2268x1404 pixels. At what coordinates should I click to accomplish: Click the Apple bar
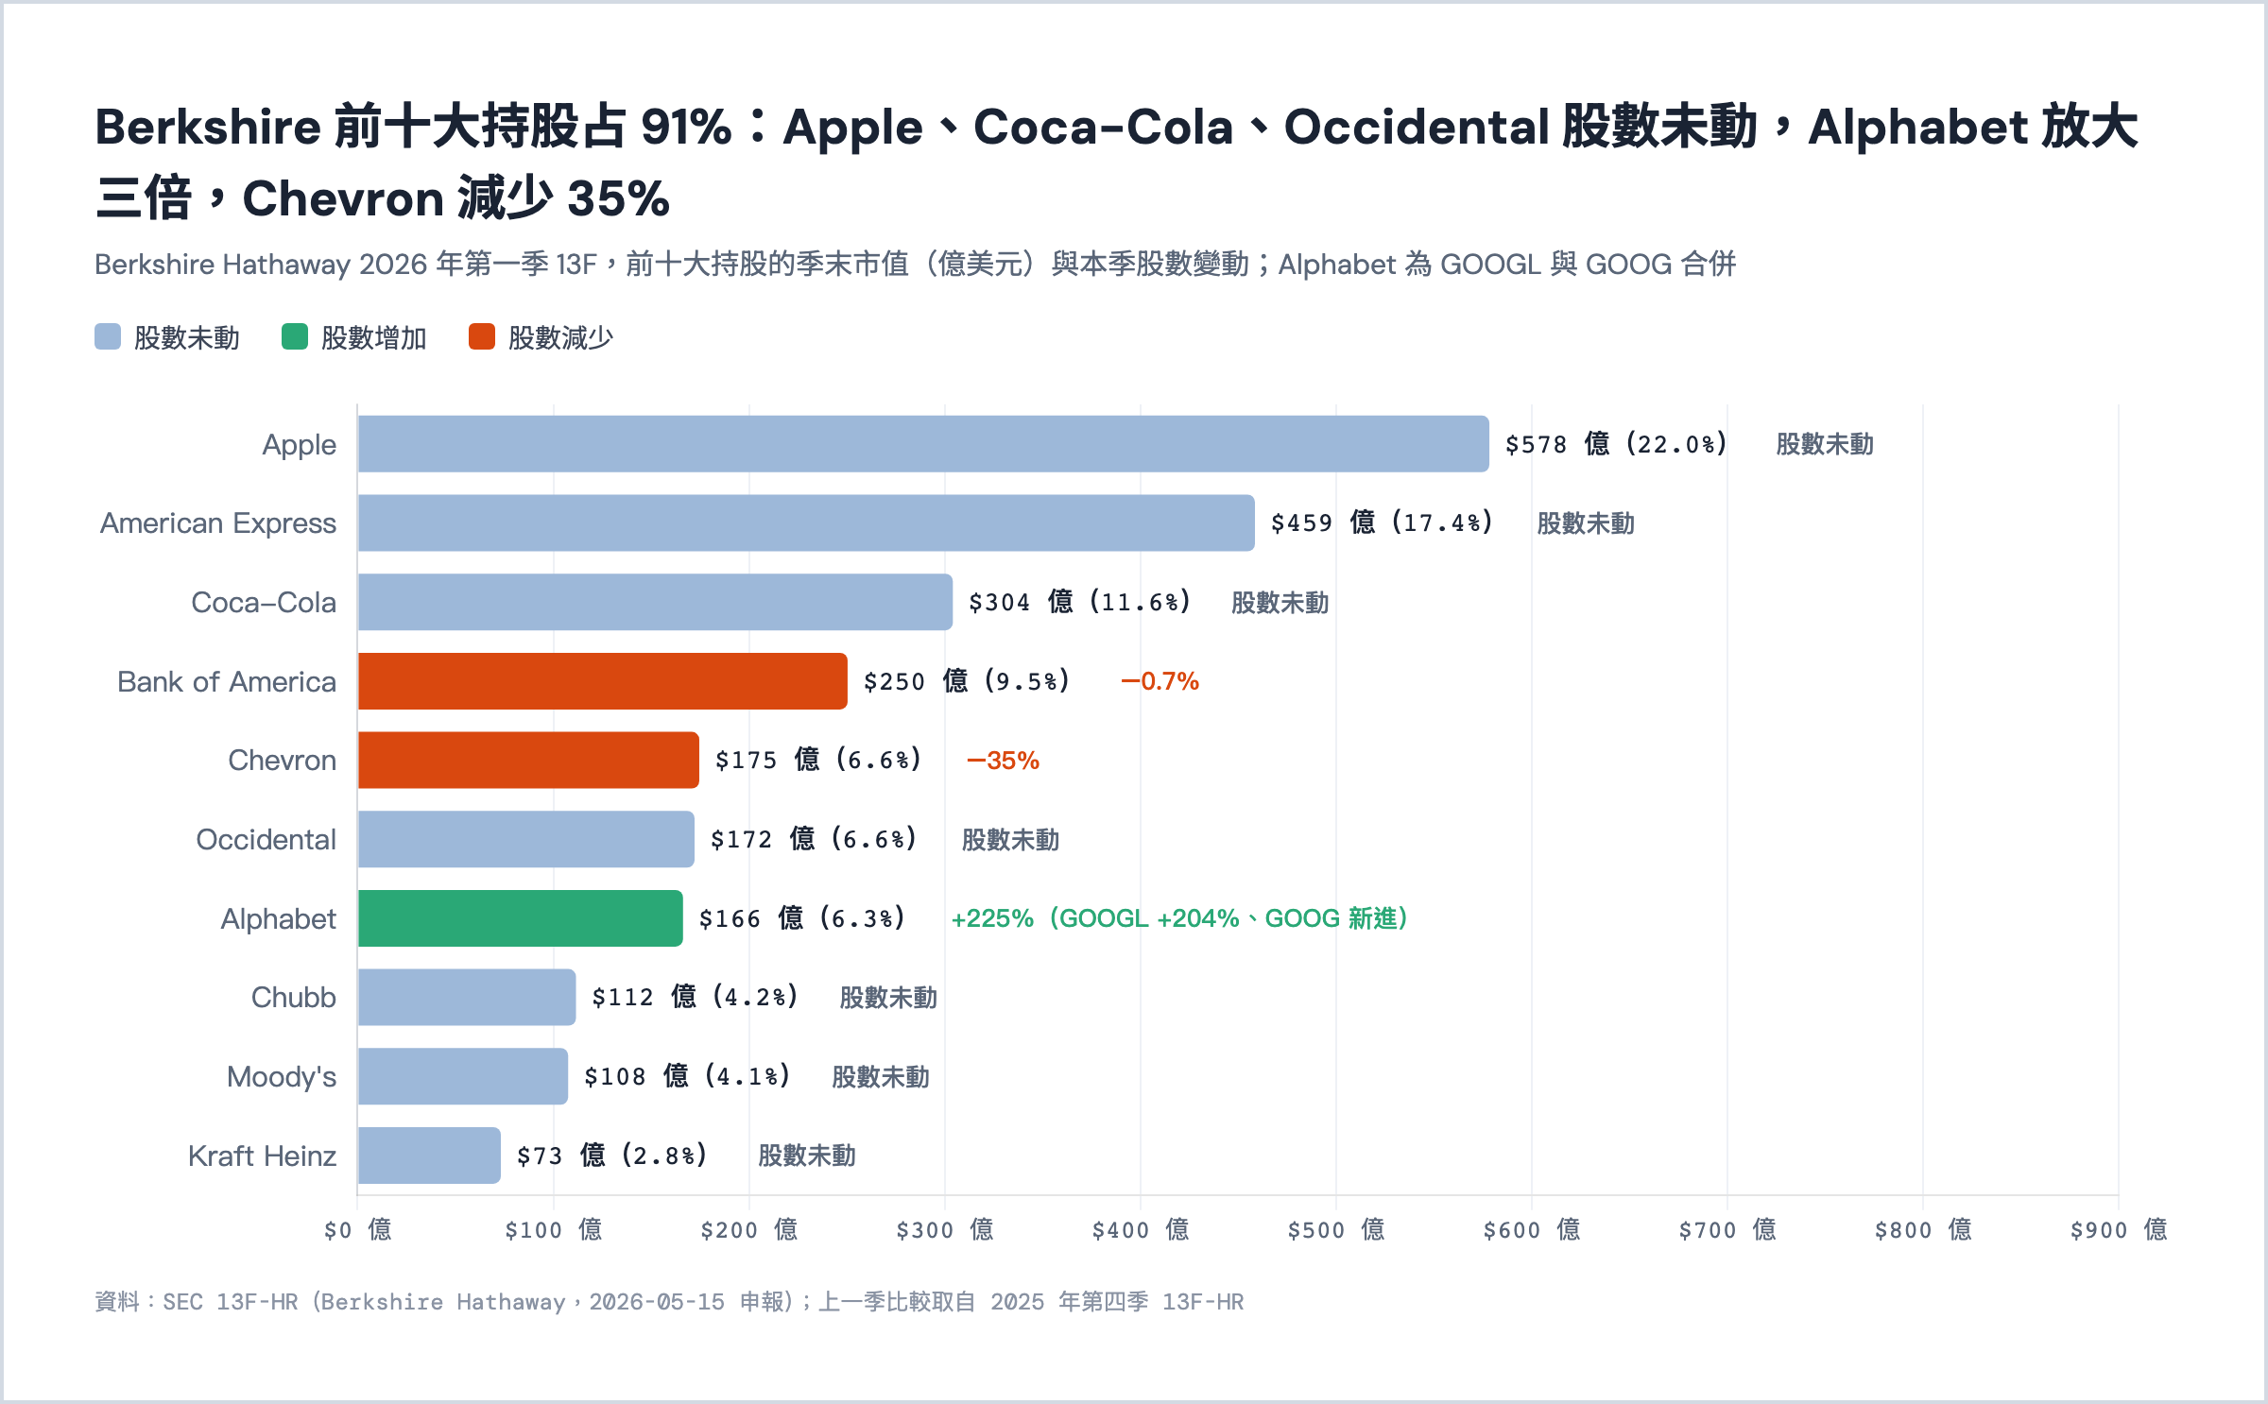(923, 444)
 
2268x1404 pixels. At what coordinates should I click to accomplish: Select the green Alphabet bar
(520, 918)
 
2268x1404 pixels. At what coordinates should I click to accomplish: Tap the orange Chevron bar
(528, 760)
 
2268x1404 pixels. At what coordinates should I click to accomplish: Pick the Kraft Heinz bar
(429, 1156)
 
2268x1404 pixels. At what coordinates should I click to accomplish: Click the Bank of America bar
(602, 681)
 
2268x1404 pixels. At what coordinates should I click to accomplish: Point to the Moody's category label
(282, 1077)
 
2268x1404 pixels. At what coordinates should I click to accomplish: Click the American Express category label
(218, 523)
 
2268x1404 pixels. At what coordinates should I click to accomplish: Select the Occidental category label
(266, 840)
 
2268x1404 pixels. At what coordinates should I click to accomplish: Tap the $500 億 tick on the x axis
(1336, 1229)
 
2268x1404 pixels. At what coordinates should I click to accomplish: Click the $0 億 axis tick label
(357, 1229)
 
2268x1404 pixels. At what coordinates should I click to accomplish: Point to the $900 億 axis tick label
(2119, 1229)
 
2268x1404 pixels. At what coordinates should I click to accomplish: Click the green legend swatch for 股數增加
(295, 336)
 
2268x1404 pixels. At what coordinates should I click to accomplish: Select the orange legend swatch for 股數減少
(482, 336)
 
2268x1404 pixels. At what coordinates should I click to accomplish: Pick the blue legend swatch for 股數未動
(108, 336)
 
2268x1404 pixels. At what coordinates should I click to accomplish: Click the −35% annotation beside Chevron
(1003, 761)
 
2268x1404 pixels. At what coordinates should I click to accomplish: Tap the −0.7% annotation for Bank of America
(1160, 681)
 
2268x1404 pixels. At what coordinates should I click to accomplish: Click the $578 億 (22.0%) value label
(1616, 444)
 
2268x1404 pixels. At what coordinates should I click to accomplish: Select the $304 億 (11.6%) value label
(1079, 602)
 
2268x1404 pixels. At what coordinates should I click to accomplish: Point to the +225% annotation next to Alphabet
(992, 918)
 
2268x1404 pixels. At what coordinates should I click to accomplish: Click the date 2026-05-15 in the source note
(657, 1302)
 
